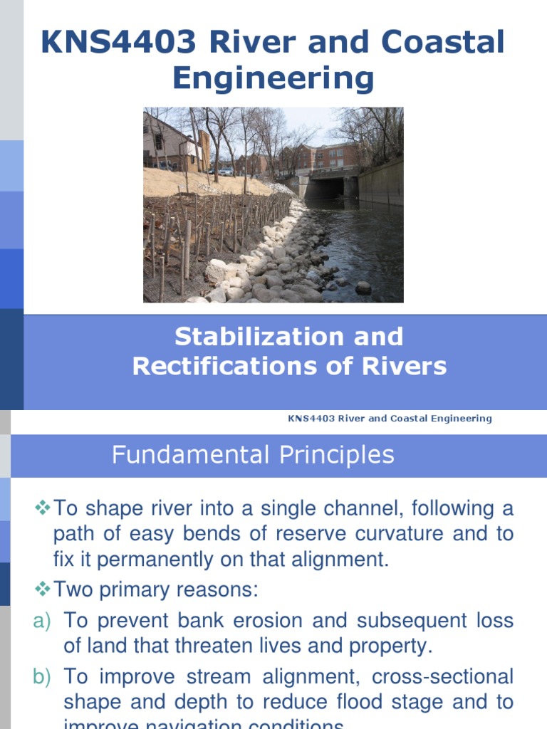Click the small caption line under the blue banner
[389, 419]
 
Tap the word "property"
[390, 647]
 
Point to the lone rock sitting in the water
[363, 287]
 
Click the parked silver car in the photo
[226, 172]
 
